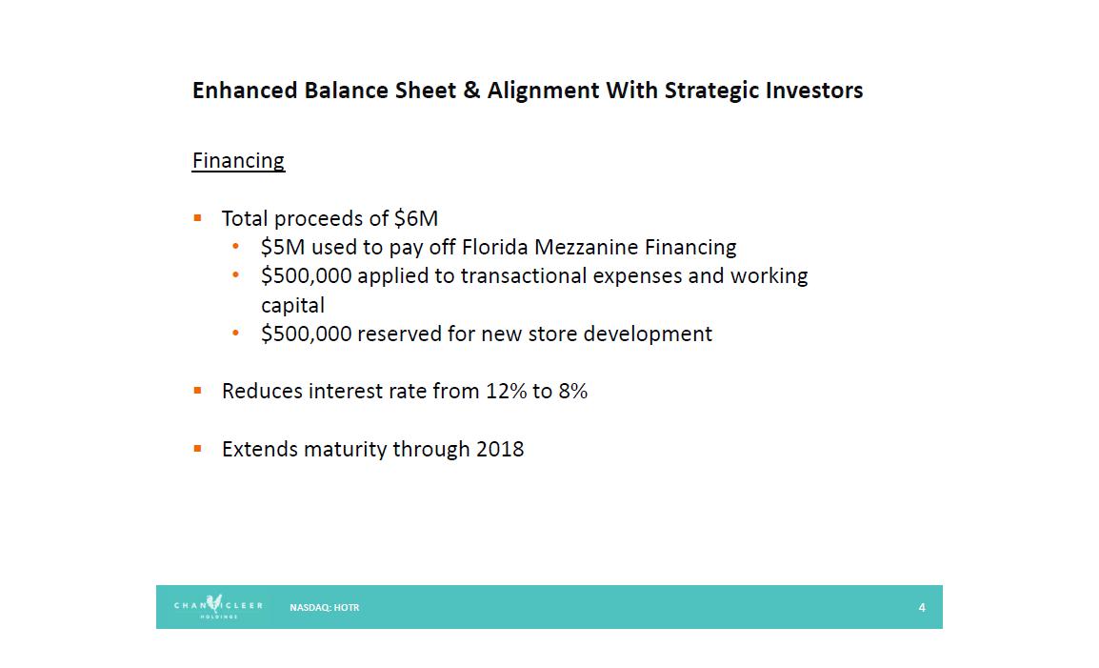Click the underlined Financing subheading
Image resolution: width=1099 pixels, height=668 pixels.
[x=238, y=161]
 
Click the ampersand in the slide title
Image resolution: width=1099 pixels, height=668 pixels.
[x=471, y=91]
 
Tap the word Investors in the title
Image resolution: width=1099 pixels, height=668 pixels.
[x=813, y=91]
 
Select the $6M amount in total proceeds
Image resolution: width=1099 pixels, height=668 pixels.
[x=415, y=218]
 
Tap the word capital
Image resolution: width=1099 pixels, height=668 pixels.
[x=292, y=306]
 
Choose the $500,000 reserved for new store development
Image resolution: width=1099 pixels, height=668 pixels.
[x=306, y=334]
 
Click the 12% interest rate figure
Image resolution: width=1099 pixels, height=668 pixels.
[x=506, y=391]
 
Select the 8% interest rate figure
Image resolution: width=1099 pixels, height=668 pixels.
[x=572, y=391]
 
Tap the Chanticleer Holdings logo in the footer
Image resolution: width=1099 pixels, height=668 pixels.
[x=218, y=606]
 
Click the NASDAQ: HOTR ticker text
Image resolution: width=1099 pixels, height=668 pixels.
[x=325, y=608]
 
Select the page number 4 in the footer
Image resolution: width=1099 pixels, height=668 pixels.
[x=922, y=608]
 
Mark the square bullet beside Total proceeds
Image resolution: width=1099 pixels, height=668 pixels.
[x=198, y=218]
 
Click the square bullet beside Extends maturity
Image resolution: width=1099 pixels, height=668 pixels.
[x=198, y=449]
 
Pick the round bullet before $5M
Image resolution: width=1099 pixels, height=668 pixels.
[x=235, y=246]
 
